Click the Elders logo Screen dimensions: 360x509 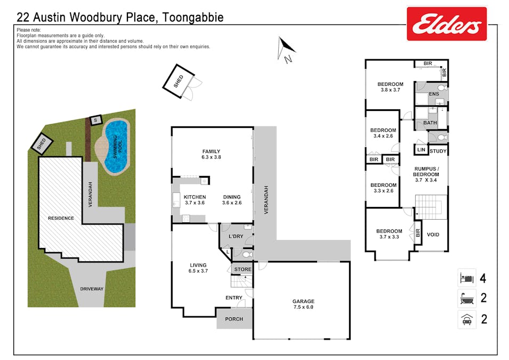tap(447, 24)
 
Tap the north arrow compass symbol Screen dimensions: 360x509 tap(285, 49)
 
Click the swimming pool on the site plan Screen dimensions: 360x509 tap(115, 147)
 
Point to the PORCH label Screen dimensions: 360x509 tap(234, 319)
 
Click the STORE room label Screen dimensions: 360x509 tap(243, 269)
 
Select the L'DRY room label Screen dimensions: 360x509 tap(236, 236)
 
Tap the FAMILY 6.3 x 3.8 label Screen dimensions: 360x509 tap(211, 154)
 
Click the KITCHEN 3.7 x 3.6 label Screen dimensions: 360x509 tap(195, 199)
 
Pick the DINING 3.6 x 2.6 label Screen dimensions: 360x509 tap(232, 199)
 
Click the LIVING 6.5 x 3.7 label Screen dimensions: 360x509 tap(198, 268)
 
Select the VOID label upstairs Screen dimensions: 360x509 tap(433, 234)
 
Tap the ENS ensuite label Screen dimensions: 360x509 tap(433, 94)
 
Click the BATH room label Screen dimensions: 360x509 tap(430, 123)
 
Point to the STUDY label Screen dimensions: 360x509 tap(438, 151)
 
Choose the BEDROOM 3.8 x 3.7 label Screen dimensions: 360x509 tap(390, 87)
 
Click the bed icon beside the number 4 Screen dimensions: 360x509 tap(466, 278)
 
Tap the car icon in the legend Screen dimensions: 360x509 tap(466, 319)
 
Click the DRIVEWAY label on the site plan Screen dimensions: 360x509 tap(92, 289)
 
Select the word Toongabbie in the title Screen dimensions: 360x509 tap(190, 18)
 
